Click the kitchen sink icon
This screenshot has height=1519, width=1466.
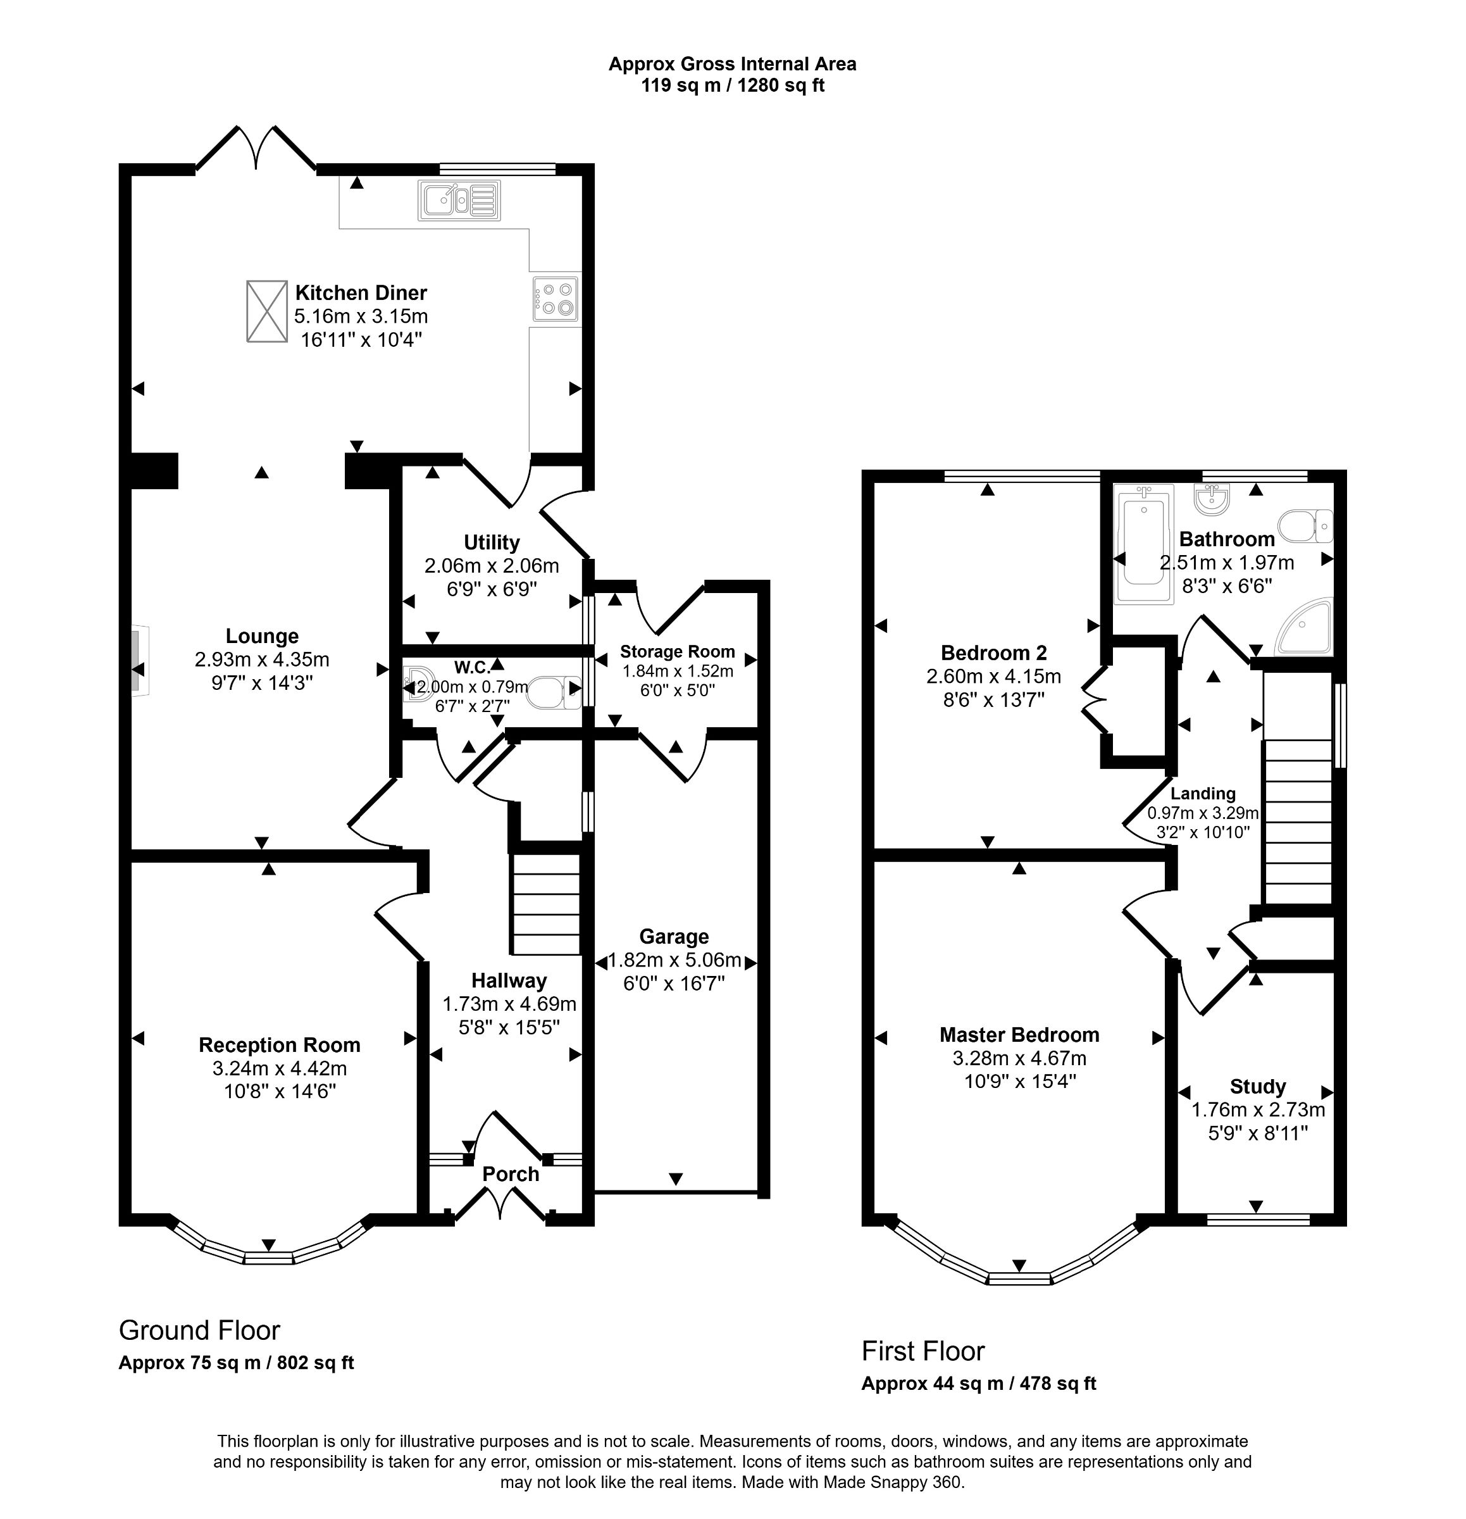click(459, 200)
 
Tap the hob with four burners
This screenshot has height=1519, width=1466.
click(555, 298)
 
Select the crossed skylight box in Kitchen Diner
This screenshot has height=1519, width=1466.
click(266, 311)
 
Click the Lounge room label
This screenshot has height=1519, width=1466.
click(262, 636)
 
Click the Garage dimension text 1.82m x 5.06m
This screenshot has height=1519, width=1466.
click(674, 961)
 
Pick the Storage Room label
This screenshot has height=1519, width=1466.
click(677, 652)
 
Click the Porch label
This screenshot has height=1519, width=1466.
click(511, 1174)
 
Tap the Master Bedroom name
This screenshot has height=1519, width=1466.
click(1019, 1035)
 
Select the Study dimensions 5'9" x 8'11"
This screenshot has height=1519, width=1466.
click(1258, 1133)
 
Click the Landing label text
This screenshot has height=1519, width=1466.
click(1203, 794)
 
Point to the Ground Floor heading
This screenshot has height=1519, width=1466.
click(199, 1330)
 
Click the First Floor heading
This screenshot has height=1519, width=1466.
click(923, 1351)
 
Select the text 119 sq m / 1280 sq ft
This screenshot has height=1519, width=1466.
click(732, 85)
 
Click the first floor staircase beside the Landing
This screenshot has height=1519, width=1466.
click(1298, 822)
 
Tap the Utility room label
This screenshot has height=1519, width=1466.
click(491, 542)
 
